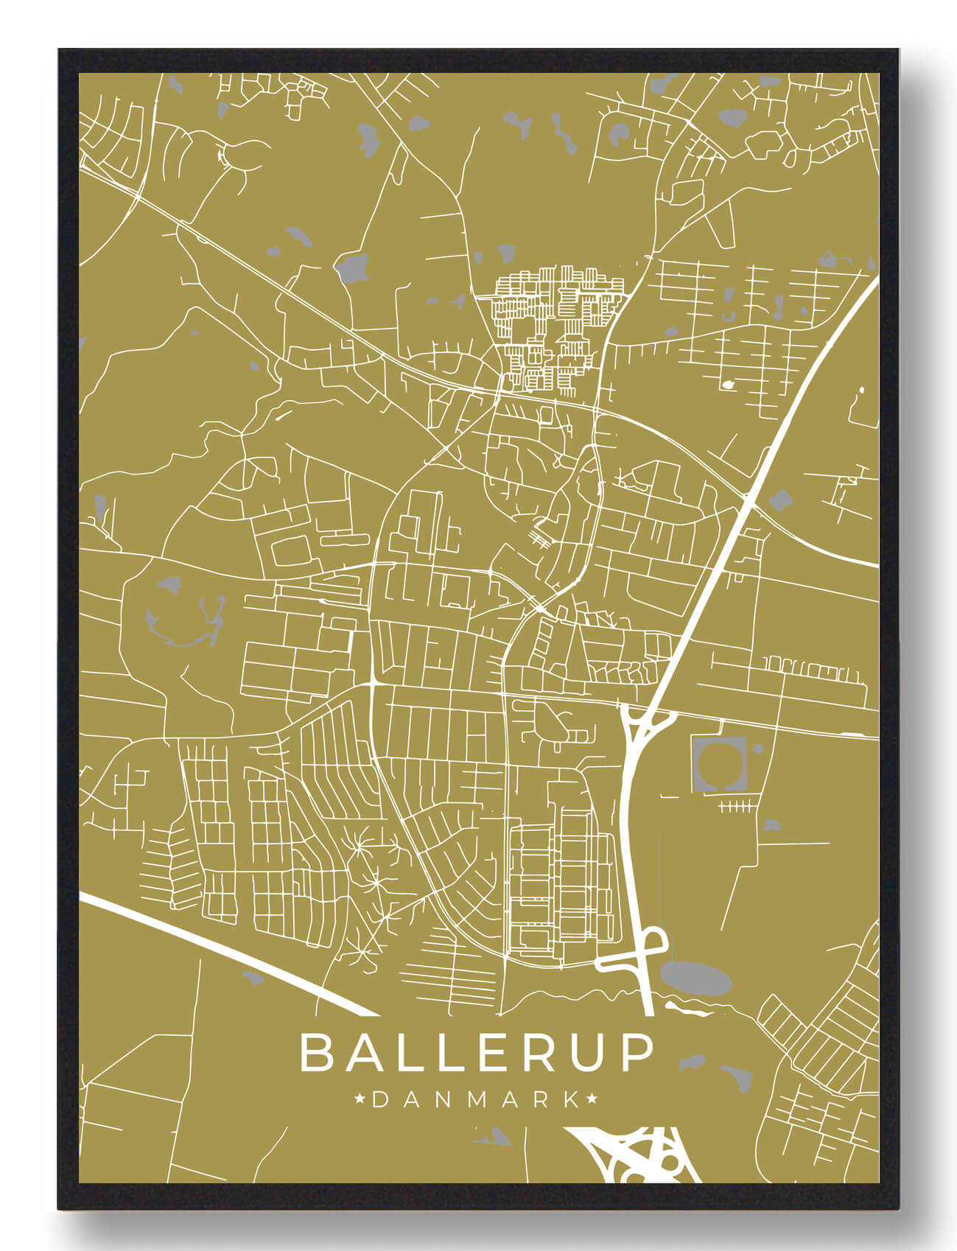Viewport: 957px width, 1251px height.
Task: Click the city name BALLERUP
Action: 477,1053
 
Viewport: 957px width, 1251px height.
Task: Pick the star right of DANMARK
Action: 592,1100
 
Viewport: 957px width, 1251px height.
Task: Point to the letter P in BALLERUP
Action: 636,1053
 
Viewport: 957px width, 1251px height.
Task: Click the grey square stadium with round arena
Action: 719,765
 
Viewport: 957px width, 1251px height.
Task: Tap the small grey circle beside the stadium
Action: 758,749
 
